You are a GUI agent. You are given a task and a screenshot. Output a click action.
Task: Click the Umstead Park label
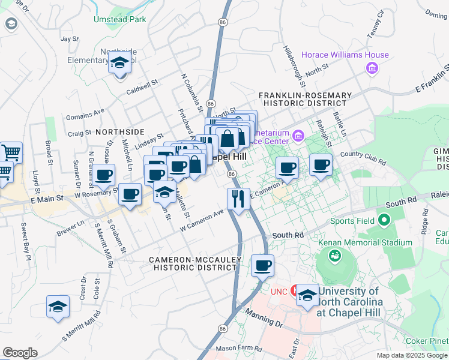[119, 19]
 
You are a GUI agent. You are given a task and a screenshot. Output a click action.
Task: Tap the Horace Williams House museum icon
[372, 68]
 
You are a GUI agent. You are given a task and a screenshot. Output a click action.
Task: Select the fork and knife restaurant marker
[238, 199]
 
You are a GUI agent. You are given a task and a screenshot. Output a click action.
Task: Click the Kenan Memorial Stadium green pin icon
[334, 256]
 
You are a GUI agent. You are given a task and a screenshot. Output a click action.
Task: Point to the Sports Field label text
[355, 221]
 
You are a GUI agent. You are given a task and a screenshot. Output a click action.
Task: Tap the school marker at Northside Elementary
[119, 62]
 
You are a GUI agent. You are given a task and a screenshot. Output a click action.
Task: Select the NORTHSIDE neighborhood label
[119, 131]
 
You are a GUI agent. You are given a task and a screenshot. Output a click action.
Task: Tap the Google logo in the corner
[20, 353]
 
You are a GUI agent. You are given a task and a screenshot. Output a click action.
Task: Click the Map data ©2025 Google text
[411, 355]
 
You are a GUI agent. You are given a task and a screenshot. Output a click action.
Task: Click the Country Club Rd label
[363, 158]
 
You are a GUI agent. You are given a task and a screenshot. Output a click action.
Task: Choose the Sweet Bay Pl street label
[25, 240]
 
